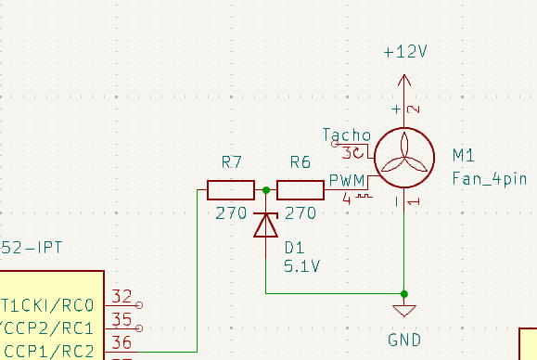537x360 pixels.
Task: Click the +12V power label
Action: pos(405,52)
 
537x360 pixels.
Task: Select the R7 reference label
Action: pos(232,162)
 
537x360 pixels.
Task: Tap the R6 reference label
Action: pos(300,162)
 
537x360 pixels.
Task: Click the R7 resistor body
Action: pos(231,190)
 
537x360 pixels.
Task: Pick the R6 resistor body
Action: pos(300,190)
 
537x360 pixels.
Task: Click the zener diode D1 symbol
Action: pos(266,224)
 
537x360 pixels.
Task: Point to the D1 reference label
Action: pos(294,248)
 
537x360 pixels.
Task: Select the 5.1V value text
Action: pos(301,266)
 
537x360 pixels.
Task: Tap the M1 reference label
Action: pos(463,154)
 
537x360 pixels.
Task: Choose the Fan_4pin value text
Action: pos(488,176)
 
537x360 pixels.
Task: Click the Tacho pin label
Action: pos(347,135)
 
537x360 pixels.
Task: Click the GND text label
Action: pos(404,341)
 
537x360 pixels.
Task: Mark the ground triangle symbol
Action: pos(404,310)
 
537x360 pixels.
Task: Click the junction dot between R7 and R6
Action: pos(266,190)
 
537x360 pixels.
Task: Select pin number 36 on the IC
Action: pos(121,344)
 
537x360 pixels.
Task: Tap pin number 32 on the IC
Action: pos(121,297)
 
